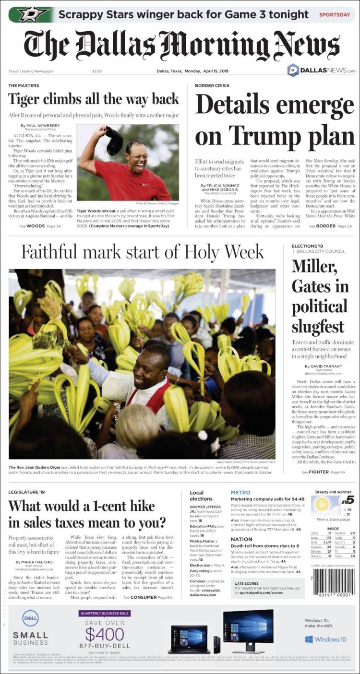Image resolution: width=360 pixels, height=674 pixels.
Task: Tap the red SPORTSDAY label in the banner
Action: tap(335, 14)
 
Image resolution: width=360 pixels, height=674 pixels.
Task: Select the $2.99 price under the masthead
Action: tap(97, 71)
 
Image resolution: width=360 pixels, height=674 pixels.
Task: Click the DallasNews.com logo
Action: tap(321, 71)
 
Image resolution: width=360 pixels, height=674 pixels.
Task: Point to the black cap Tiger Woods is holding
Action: tap(114, 141)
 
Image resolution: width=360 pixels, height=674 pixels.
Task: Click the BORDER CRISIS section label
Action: tap(214, 85)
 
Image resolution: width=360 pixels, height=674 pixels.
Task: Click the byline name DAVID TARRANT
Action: tap(324, 367)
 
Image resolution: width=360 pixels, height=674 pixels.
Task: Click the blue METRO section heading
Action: tap(240, 492)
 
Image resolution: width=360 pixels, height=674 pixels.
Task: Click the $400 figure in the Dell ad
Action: tap(105, 634)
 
